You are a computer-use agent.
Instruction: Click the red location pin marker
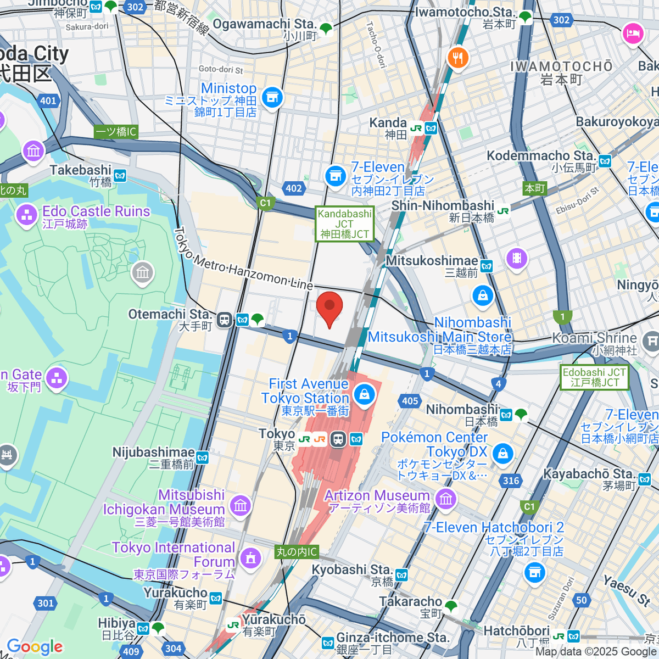pyautogui.click(x=329, y=308)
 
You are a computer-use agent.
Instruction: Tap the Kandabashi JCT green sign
pyautogui.click(x=344, y=224)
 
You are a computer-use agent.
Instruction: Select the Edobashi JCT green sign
pyautogui.click(x=594, y=377)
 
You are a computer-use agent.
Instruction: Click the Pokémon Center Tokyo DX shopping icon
pyautogui.click(x=502, y=454)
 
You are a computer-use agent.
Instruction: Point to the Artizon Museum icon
pyautogui.click(x=445, y=499)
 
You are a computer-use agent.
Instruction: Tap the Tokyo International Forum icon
pyautogui.click(x=250, y=558)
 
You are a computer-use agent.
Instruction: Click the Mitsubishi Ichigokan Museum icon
pyautogui.click(x=241, y=505)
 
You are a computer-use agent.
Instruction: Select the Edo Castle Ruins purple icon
pyautogui.click(x=26, y=215)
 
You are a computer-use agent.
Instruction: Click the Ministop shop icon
pyautogui.click(x=272, y=98)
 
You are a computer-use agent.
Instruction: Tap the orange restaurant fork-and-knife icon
pyautogui.click(x=457, y=58)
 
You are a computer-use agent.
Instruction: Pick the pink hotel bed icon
pyautogui.click(x=633, y=34)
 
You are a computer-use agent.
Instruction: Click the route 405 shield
pyautogui.click(x=410, y=401)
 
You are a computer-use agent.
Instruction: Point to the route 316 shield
pyautogui.click(x=511, y=481)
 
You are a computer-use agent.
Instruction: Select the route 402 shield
pyautogui.click(x=294, y=188)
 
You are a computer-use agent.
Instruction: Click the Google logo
pyautogui.click(x=35, y=647)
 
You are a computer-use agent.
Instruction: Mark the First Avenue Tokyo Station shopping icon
pyautogui.click(x=364, y=394)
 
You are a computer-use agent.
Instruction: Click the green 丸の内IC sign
pyautogui.click(x=297, y=552)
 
